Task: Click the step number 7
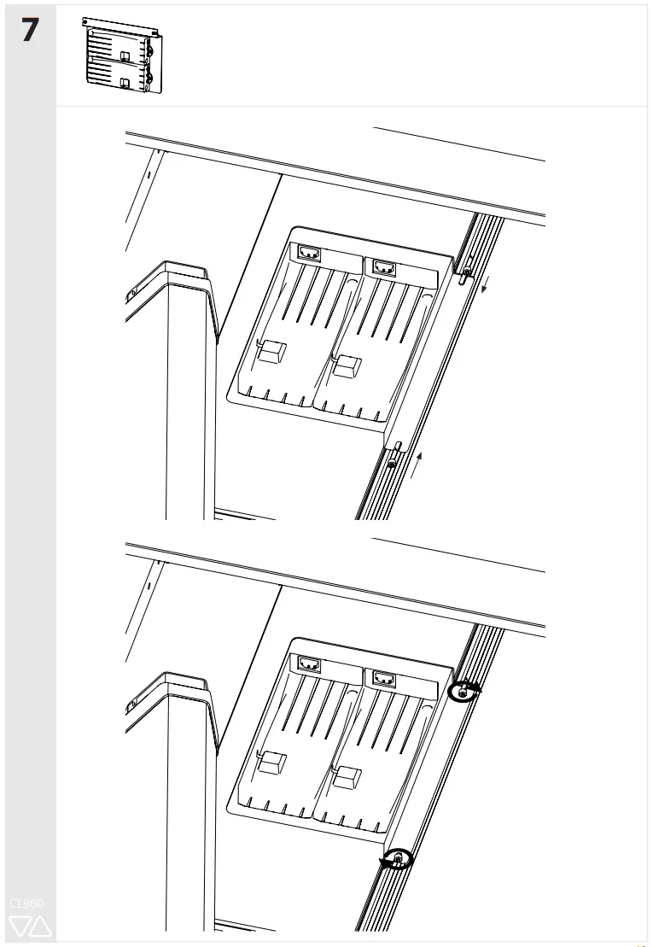pyautogui.click(x=29, y=31)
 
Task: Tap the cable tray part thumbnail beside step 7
pyautogui.click(x=123, y=55)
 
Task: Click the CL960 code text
pyautogui.click(x=26, y=903)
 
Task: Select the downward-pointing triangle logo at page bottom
pyautogui.click(x=20, y=926)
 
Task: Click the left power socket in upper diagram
pyautogui.click(x=308, y=254)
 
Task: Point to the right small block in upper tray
pyautogui.click(x=347, y=365)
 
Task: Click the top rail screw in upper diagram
pyautogui.click(x=464, y=272)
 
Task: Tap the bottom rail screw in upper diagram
pyautogui.click(x=390, y=463)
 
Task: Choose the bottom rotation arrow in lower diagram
pyautogui.click(x=397, y=859)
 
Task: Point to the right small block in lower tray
pyautogui.click(x=347, y=777)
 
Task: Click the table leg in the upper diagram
pyautogui.click(x=185, y=401)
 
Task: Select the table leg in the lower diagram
pyautogui.click(x=185, y=811)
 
